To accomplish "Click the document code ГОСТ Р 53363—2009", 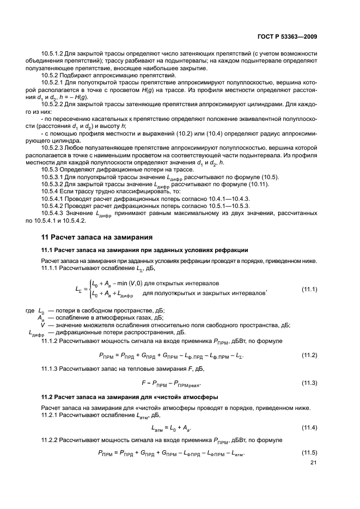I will [x=288, y=37].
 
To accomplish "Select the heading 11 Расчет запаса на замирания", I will [x=97, y=237].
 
